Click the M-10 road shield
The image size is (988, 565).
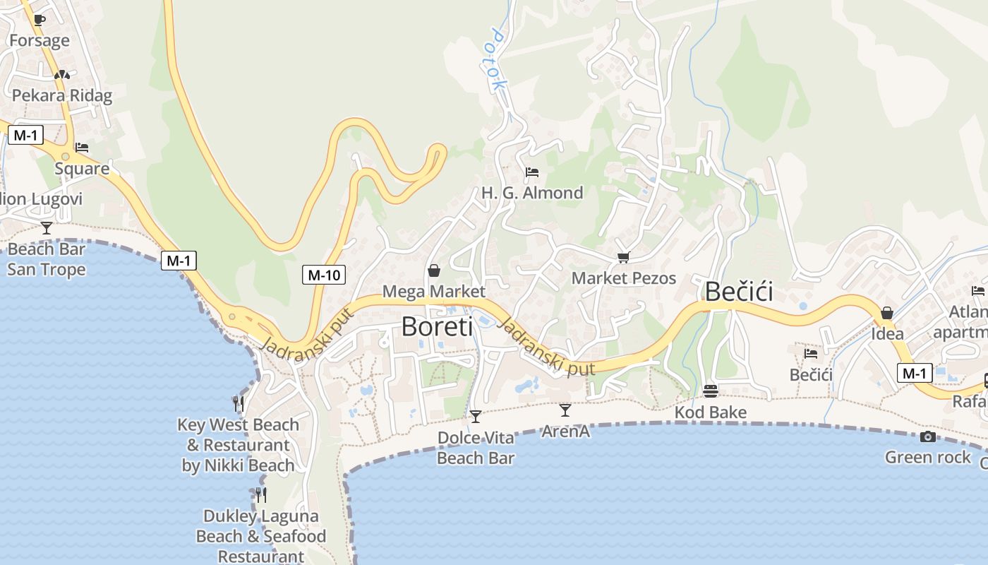(x=324, y=275)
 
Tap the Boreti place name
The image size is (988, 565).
(x=437, y=326)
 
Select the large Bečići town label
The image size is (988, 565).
(x=739, y=292)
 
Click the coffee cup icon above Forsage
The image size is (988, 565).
(x=39, y=20)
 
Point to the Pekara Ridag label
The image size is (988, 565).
(x=62, y=95)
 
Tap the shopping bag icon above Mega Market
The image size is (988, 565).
(x=433, y=270)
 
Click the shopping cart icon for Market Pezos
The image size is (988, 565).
(x=622, y=258)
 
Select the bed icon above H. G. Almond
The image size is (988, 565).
(x=532, y=172)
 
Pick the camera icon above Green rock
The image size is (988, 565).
(x=928, y=436)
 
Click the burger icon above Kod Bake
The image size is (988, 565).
(x=711, y=391)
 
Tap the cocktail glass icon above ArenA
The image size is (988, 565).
(x=565, y=410)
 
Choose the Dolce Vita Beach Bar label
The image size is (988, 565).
(x=476, y=448)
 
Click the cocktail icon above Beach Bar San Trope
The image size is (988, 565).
(x=47, y=227)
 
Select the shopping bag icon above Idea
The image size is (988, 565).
(x=887, y=313)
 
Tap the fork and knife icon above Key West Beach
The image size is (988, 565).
(x=239, y=403)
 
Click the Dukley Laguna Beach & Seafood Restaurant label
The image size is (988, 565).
(x=261, y=536)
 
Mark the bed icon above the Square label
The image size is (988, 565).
(x=82, y=148)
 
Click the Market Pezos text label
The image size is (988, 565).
(x=623, y=278)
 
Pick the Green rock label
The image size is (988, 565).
(x=928, y=458)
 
